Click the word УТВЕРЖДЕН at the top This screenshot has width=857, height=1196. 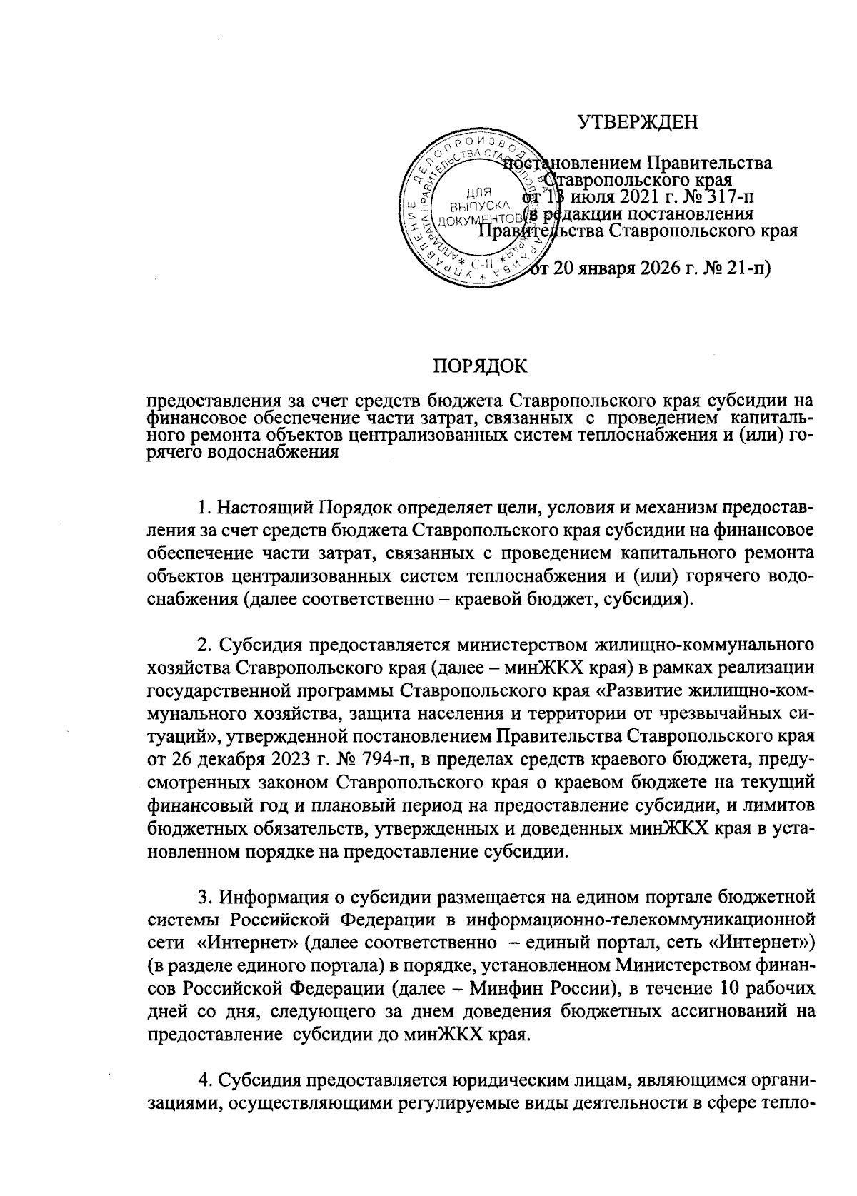point(637,123)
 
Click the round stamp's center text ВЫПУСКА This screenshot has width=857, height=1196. point(479,206)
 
